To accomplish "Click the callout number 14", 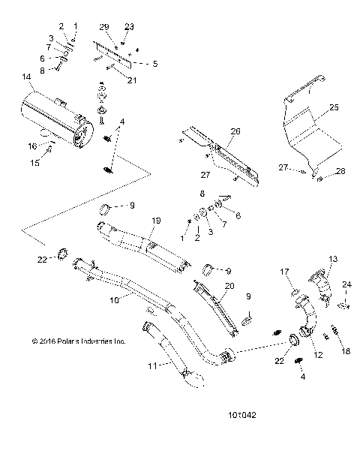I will tap(27, 77).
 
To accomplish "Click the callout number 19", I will tap(157, 221).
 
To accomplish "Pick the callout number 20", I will tap(229, 286).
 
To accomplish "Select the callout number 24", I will tap(346, 284).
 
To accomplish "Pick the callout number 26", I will tap(235, 131).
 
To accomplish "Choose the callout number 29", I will tap(103, 26).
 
